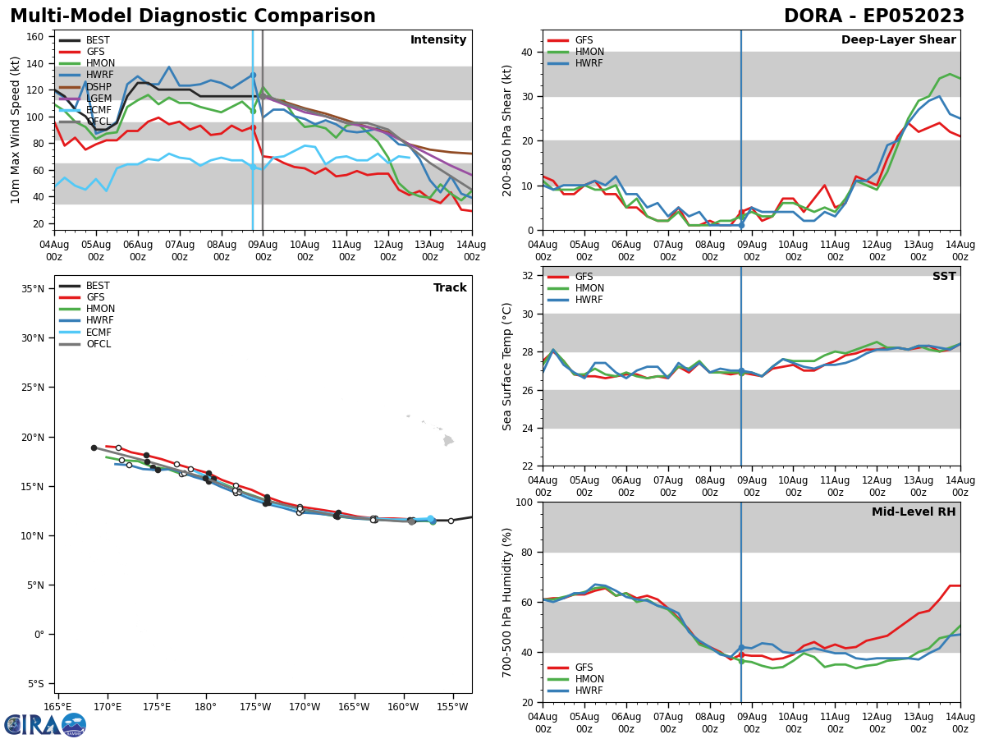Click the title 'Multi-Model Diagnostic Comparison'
192,16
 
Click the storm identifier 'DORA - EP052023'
873,16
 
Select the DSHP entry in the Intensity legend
98,86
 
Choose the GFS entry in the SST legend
584,277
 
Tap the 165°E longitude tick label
57,707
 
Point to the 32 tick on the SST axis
527,276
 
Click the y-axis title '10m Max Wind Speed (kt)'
15,130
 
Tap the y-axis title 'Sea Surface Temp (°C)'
507,366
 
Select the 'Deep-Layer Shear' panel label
898,40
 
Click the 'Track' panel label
450,288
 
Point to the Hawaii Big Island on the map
447,441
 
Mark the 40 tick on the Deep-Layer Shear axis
527,52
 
